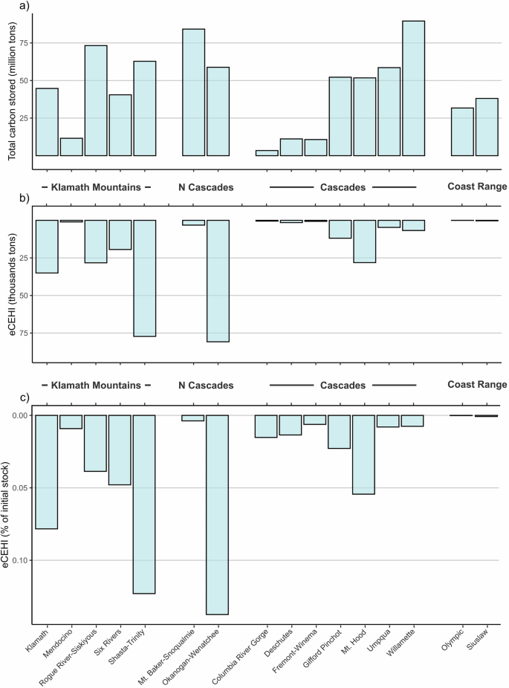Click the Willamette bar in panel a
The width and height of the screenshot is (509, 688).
tap(413, 88)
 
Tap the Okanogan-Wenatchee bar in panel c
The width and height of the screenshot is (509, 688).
tap(218, 514)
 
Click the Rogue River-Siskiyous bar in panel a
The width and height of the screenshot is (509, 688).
tap(96, 100)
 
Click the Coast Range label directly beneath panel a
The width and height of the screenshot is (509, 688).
tap(476, 187)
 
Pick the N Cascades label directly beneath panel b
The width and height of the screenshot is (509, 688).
tap(206, 386)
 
